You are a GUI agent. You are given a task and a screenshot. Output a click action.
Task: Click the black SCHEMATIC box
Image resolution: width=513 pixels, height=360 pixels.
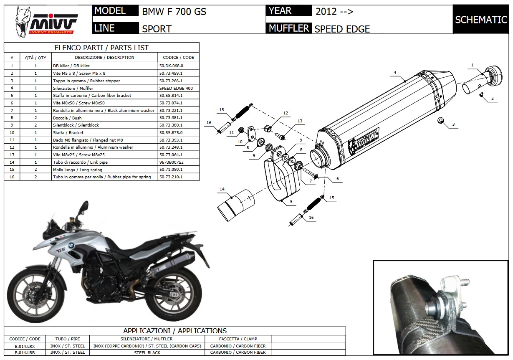point(481,20)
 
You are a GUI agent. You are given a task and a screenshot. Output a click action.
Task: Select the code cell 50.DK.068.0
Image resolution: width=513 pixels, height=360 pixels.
point(171,66)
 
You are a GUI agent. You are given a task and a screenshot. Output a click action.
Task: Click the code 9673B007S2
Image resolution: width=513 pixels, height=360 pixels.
point(172,162)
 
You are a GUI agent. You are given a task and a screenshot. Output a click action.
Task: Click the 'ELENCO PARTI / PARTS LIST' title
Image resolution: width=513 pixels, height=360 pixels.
point(102,48)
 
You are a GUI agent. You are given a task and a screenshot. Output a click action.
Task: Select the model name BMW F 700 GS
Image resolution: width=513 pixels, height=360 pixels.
point(174,11)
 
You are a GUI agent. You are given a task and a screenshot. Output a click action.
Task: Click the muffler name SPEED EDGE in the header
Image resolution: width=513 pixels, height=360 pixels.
point(342,29)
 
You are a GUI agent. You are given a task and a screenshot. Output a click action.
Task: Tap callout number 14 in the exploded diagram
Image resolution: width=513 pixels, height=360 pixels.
point(222,190)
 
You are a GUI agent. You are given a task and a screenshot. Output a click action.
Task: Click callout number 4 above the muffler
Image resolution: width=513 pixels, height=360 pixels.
point(394,73)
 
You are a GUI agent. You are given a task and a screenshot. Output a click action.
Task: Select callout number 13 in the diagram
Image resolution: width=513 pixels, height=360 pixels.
point(300,121)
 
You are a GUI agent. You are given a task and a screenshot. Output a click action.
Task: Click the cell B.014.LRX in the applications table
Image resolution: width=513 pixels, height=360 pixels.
point(25,346)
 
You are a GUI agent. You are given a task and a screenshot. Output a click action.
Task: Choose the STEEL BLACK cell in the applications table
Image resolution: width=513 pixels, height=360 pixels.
point(147,352)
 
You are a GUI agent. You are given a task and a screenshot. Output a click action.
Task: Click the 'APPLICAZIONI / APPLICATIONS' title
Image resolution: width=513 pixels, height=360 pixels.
point(175,331)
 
